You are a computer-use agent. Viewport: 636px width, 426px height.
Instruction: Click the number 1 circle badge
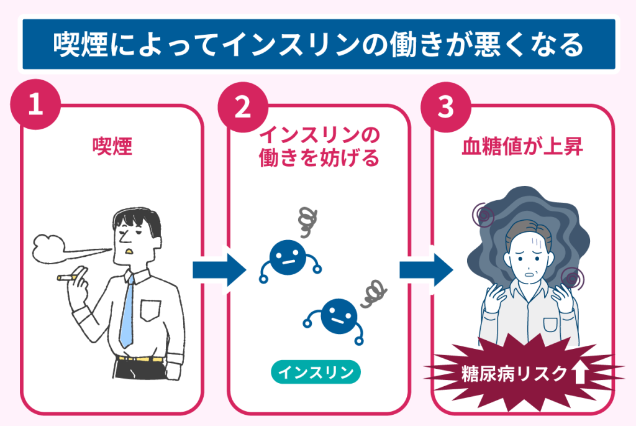point(36,104)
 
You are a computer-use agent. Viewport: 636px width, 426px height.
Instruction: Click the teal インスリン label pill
point(316,372)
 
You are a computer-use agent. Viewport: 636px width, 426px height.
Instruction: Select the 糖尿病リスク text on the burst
point(514,373)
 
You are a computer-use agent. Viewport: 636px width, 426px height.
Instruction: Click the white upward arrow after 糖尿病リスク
point(580,373)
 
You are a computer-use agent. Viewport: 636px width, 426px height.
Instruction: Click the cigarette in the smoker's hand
point(66,277)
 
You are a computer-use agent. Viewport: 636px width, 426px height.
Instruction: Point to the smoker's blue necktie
point(127,311)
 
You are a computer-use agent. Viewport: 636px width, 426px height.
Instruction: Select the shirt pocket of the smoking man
point(151,309)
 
